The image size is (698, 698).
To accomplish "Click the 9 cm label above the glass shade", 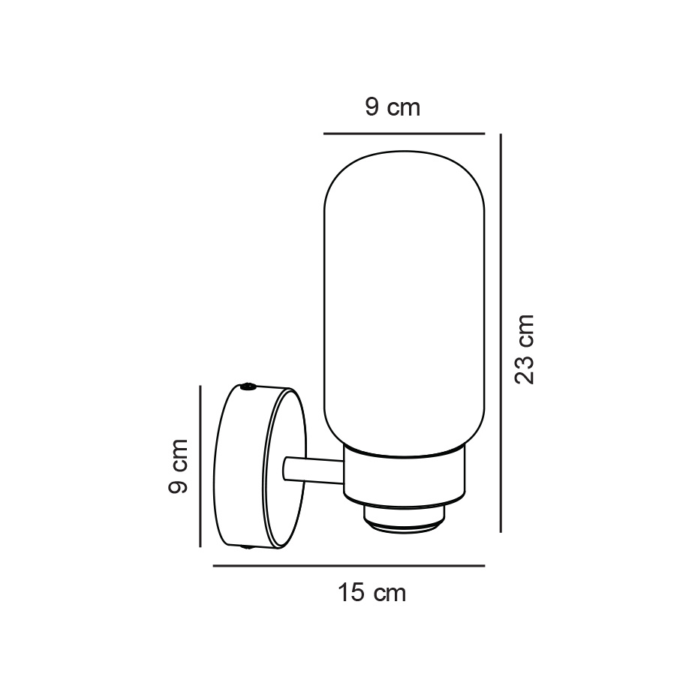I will (393, 107).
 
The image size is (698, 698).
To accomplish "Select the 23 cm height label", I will (525, 349).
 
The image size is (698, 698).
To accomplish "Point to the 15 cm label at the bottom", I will (372, 593).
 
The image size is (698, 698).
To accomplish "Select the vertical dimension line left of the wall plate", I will (200, 465).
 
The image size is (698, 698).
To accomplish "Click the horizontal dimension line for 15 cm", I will (349, 566).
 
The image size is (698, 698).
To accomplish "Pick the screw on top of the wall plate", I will (248, 387).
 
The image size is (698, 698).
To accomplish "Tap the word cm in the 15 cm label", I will (390, 593).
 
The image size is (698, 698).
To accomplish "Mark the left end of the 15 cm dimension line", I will (215, 566).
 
